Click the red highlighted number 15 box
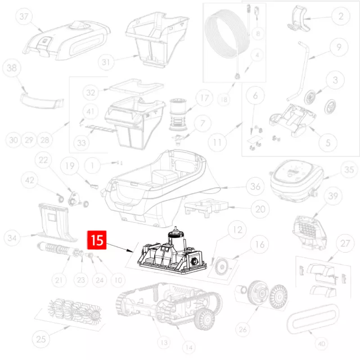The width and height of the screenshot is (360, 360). click(97, 240)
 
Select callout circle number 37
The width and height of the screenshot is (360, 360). click(24, 17)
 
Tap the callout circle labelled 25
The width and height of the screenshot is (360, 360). click(41, 339)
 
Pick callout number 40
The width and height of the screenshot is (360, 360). click(321, 344)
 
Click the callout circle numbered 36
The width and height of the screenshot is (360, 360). click(255, 186)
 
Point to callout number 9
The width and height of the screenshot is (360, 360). click(339, 47)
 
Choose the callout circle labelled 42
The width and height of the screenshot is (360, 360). click(30, 180)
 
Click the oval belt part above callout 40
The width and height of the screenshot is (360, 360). click(312, 319)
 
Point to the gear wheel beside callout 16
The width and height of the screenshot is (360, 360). click(222, 267)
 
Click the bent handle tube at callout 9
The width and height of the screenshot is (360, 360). click(300, 71)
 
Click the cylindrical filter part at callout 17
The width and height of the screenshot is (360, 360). click(178, 114)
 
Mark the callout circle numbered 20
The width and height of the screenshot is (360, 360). click(260, 209)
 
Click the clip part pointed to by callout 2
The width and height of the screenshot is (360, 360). click(299, 19)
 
